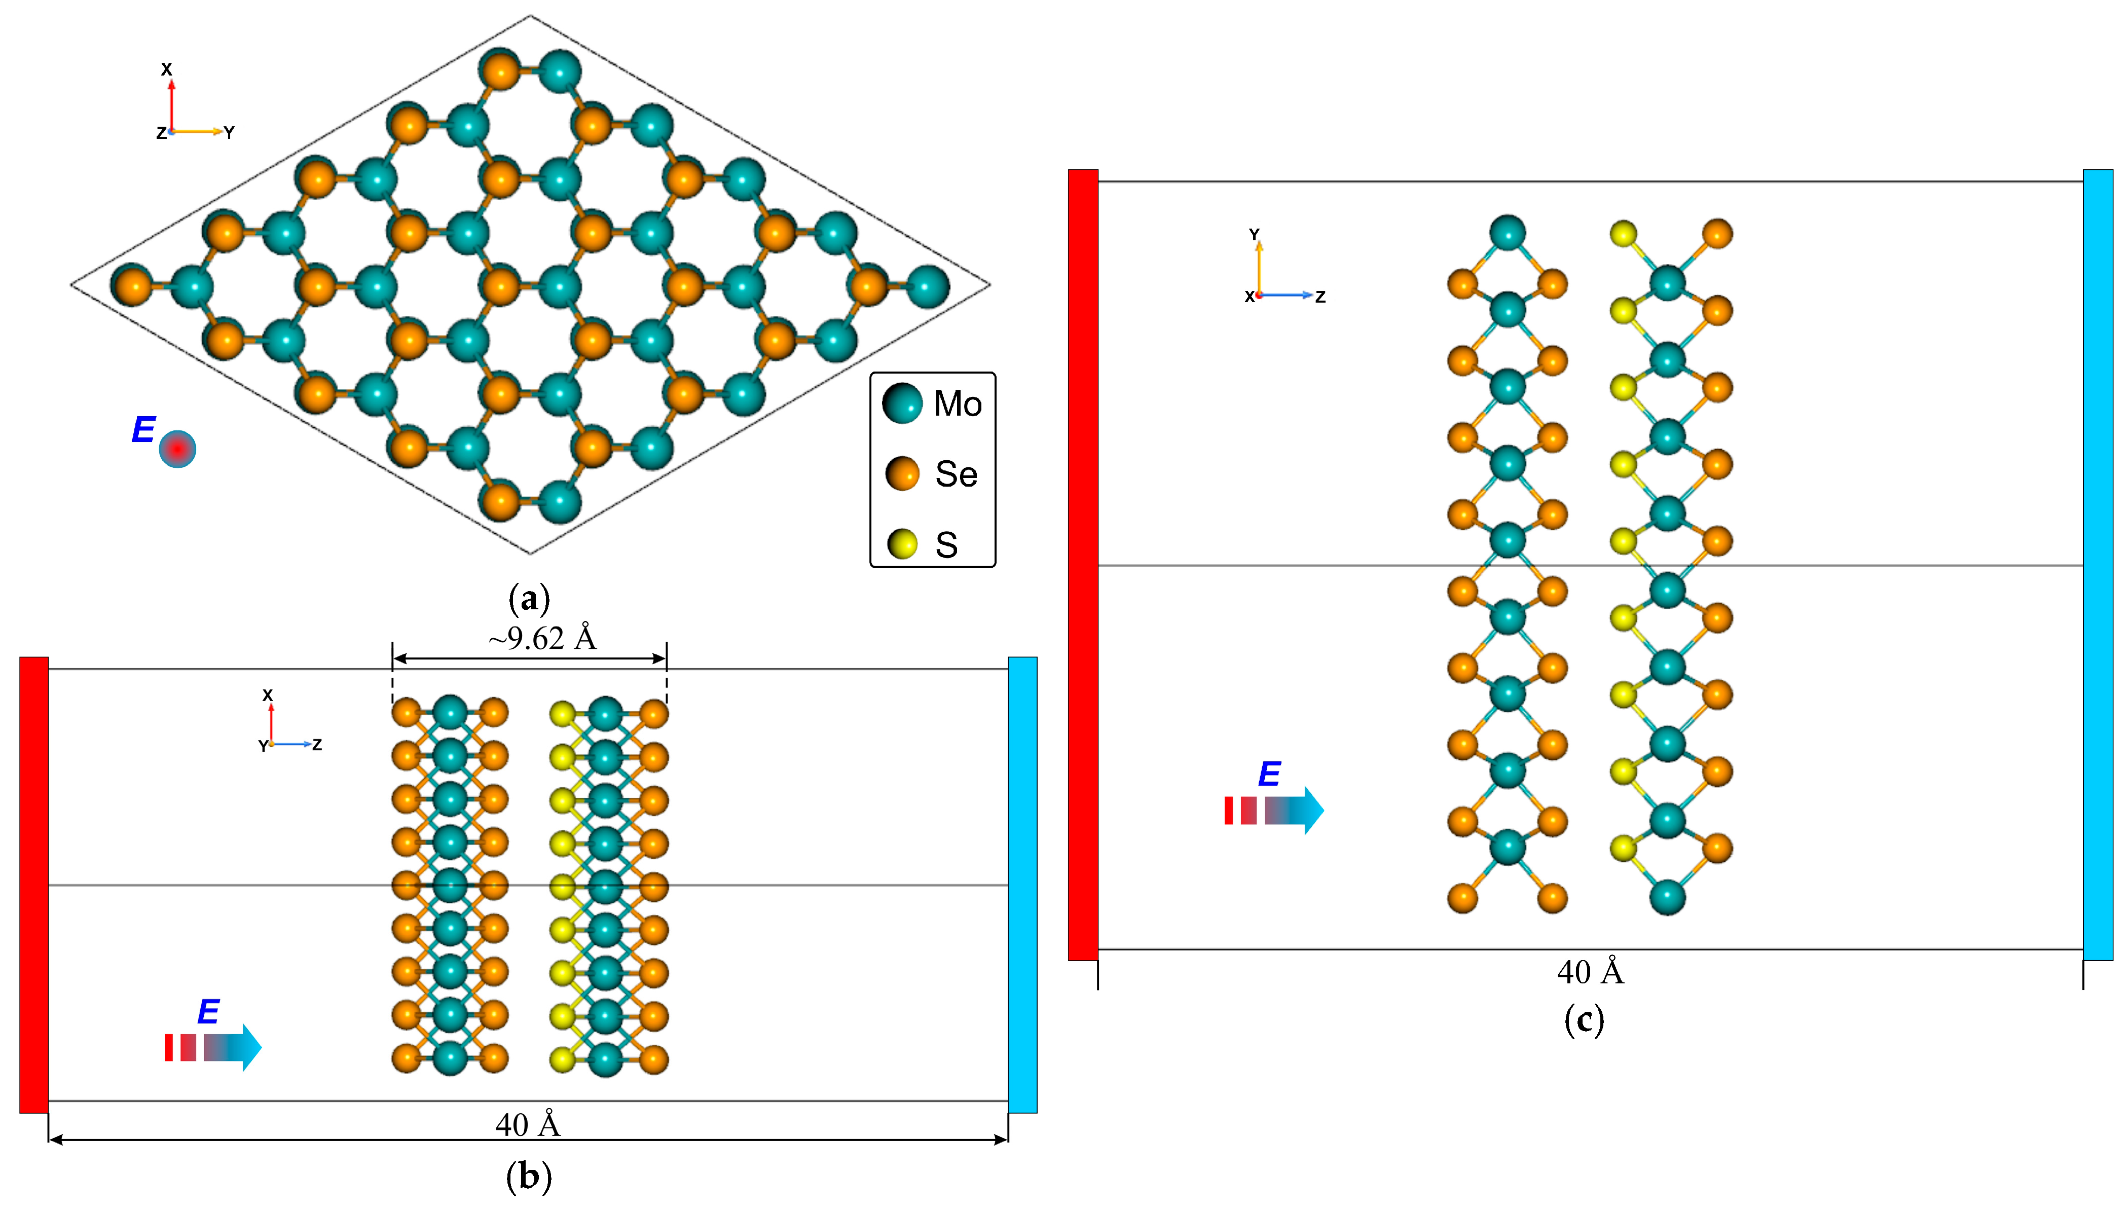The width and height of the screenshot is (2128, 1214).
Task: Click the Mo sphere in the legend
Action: [x=901, y=403]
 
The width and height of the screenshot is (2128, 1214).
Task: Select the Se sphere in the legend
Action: [x=901, y=473]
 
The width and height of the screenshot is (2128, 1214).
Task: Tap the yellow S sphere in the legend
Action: [x=901, y=543]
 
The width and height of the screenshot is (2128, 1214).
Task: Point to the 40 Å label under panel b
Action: [x=528, y=1125]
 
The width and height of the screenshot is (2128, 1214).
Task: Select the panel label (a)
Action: [x=529, y=599]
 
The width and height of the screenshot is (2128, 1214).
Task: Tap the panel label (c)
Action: [x=1584, y=1020]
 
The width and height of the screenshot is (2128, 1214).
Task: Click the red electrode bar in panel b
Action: [x=34, y=885]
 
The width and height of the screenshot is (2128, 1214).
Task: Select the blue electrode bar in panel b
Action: [x=1022, y=885]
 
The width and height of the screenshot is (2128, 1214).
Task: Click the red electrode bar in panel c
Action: [x=1082, y=565]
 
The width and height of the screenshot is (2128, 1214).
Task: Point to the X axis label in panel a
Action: [x=167, y=69]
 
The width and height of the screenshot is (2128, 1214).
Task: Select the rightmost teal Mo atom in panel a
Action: [x=927, y=286]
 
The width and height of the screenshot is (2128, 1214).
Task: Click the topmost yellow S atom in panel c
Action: [x=1623, y=234]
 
